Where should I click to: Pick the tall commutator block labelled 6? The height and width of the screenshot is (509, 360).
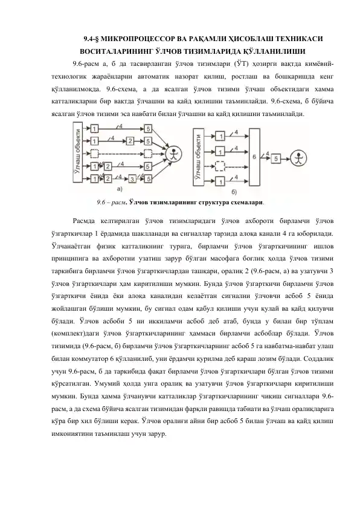coord(255,157)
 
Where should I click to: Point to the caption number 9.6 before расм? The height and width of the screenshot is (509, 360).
coord(101,203)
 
